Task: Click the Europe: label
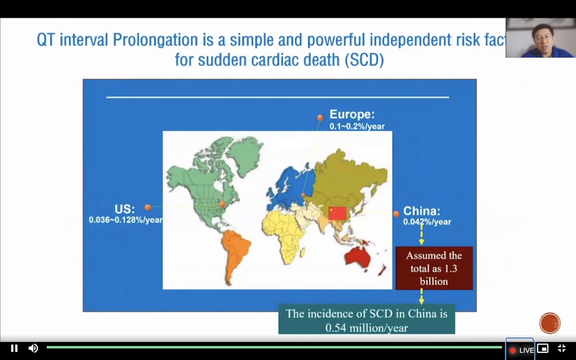[351, 115]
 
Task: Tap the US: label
[125, 209]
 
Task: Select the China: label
[421, 211]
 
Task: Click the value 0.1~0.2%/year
[357, 126]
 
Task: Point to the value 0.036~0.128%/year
[125, 220]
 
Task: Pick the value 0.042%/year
[427, 222]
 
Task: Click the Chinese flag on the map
[337, 213]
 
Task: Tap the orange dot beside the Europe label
[320, 118]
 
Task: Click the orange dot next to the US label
[148, 207]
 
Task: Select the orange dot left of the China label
[396, 214]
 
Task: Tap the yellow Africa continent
[286, 235]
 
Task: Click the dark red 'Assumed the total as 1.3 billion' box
[434, 268]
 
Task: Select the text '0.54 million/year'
[366, 328]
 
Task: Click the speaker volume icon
[33, 348]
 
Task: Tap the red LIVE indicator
[521, 350]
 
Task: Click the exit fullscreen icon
[561, 348]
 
